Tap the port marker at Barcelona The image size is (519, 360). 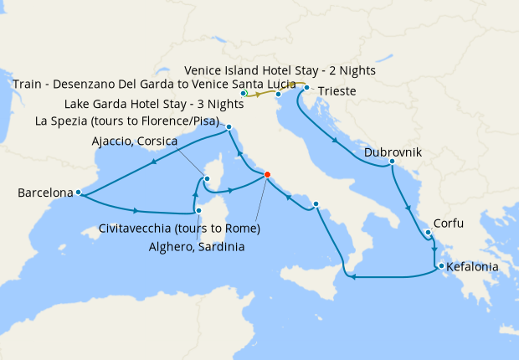pos(78,193)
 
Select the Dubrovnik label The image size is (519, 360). pos(393,153)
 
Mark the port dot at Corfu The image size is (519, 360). pos(427,233)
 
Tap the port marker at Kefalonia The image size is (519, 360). pos(438,268)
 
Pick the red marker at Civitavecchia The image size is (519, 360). pos(267,174)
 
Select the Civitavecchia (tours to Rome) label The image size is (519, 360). pos(178,228)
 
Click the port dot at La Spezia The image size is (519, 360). pos(229,127)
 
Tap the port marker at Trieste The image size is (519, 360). pos(308,87)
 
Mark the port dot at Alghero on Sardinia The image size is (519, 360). pos(199,199)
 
